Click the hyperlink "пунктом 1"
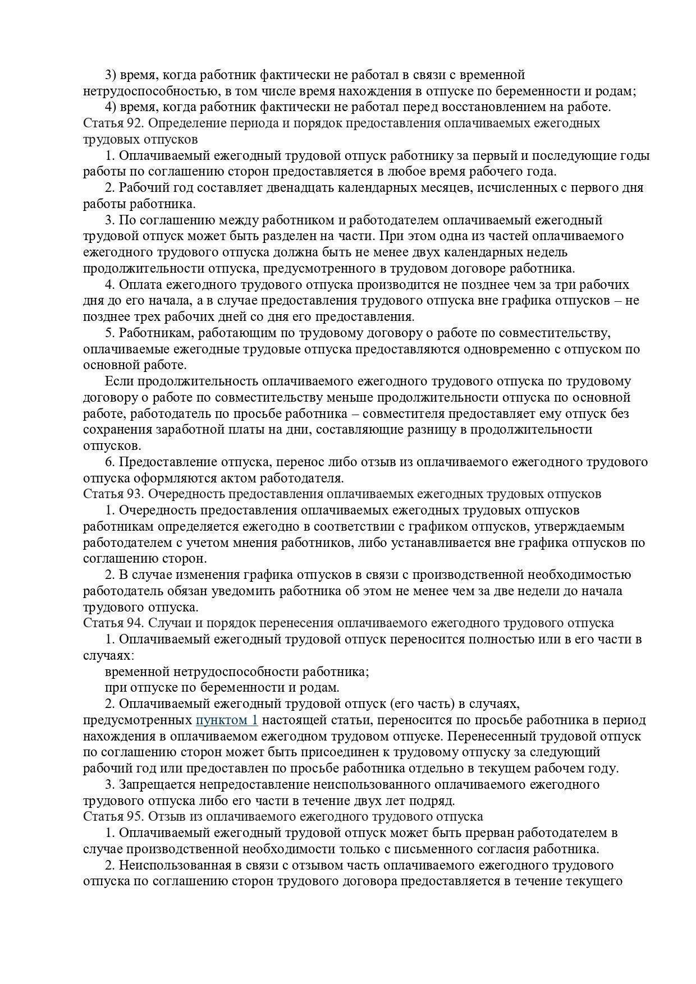(227, 720)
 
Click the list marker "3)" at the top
(111, 75)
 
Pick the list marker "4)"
(111, 107)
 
